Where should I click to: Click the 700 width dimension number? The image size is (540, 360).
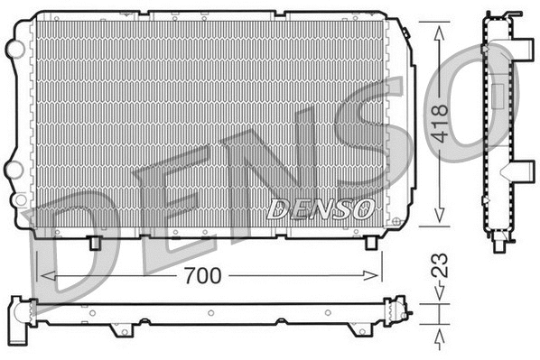pyautogui.click(x=200, y=275)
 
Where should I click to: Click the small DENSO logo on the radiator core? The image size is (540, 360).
pyautogui.click(x=321, y=209)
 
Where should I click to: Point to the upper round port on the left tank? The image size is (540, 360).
pyautogui.click(x=14, y=46)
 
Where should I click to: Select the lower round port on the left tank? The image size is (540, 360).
pyautogui.click(x=14, y=168)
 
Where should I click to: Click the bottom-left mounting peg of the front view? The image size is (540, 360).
pyautogui.click(x=96, y=242)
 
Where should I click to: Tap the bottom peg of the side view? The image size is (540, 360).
pyautogui.click(x=501, y=241)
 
